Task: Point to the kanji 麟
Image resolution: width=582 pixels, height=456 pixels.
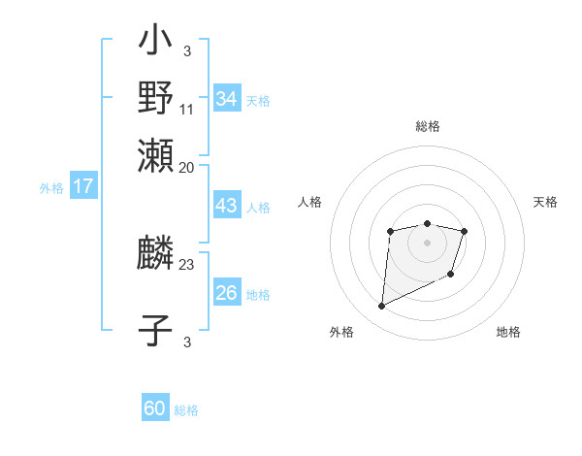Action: point(156,255)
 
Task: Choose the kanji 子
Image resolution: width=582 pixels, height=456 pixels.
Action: point(156,330)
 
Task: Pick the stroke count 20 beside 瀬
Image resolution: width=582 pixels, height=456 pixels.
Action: point(187,167)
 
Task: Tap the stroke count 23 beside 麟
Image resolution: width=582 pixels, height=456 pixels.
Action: point(187,263)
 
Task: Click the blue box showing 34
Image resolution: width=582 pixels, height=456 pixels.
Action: point(227,98)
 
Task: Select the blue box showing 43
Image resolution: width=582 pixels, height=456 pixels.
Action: point(227,206)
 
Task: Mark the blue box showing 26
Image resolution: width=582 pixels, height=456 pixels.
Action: point(227,292)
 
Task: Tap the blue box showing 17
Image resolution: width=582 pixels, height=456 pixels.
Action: point(82,186)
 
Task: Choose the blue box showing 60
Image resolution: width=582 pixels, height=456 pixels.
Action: point(155,408)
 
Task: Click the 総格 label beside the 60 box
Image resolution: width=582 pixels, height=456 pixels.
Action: point(186,410)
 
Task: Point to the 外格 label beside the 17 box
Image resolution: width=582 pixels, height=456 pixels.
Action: point(51,188)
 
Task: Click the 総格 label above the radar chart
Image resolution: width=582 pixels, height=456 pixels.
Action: point(427,126)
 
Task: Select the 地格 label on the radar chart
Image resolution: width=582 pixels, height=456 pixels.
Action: point(508,332)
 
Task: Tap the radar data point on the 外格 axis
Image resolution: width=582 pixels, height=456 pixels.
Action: point(381,307)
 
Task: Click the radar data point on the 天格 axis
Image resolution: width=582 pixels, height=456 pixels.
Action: point(465,231)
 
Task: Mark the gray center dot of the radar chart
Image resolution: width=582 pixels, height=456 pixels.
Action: point(427,242)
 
